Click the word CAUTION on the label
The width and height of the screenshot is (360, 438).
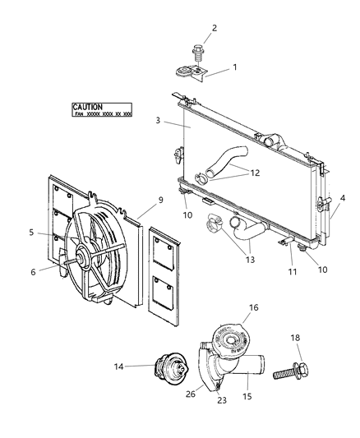tap(87, 107)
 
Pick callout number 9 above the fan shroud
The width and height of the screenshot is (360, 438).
tap(161, 200)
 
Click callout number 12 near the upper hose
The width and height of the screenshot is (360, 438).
tap(255, 173)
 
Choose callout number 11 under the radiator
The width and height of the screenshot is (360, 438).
tap(291, 271)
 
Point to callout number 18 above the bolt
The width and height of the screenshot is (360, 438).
tap(319, 337)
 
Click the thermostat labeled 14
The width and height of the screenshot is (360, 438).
tap(158, 368)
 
